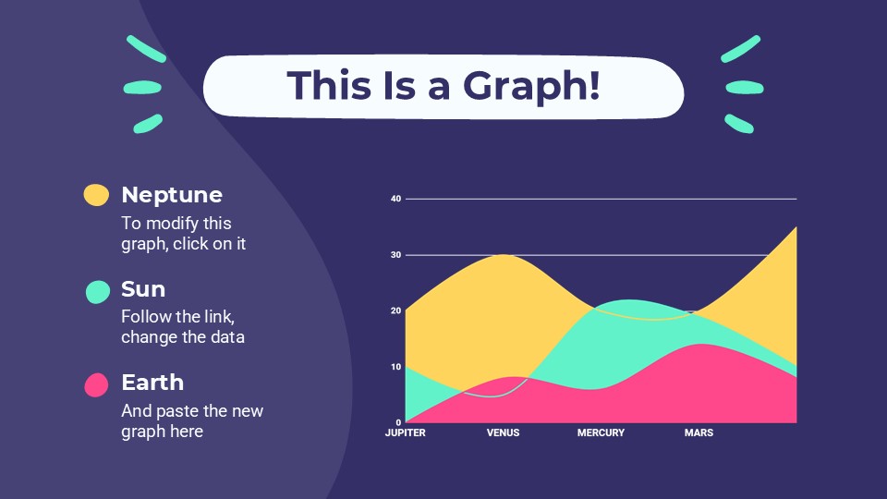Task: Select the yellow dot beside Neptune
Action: point(96,194)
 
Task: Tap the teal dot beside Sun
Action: point(98,291)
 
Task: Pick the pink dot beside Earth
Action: point(96,384)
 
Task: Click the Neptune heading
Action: point(172,195)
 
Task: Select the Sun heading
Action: point(143,289)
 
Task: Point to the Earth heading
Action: point(152,383)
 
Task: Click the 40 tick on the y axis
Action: point(395,199)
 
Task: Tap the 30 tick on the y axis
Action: point(395,255)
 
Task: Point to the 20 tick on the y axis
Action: point(395,311)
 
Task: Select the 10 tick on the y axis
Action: point(395,367)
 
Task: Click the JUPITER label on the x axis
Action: point(406,433)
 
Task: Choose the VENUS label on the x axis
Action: point(503,433)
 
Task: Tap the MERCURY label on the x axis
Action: point(601,433)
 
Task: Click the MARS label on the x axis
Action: point(699,433)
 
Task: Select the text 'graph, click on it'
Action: point(183,244)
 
